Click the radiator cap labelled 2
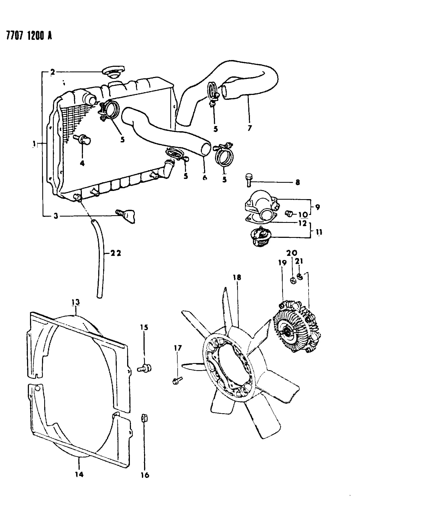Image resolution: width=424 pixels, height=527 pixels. tap(113, 72)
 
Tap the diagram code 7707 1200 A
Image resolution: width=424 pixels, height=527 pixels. tap(29, 35)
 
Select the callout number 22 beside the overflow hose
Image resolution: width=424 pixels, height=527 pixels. tap(115, 253)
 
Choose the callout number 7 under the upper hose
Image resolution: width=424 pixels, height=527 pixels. tap(249, 128)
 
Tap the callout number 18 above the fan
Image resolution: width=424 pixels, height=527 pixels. tap(237, 277)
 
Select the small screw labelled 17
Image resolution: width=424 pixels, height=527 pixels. tap(177, 380)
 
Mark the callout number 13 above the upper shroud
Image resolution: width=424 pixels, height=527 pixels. tap(76, 302)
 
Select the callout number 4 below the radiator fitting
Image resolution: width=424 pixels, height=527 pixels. tap(82, 163)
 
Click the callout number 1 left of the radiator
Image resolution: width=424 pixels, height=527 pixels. tap(34, 143)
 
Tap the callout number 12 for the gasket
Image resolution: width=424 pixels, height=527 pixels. tap(303, 223)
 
